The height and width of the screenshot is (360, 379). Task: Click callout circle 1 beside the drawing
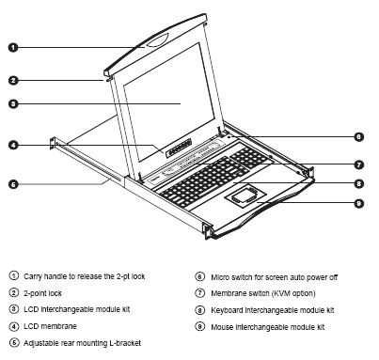[13, 46]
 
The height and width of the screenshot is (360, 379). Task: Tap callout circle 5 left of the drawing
[13, 185]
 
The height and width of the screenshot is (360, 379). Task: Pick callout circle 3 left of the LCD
[13, 103]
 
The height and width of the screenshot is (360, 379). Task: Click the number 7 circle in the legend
[197, 291]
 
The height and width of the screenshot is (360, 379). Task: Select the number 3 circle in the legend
[12, 308]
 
